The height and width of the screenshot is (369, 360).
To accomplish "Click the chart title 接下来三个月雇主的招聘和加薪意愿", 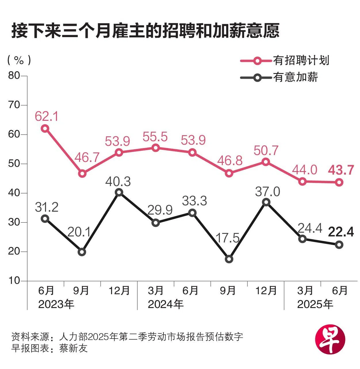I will (x=145, y=31).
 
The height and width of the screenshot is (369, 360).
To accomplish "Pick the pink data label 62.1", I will (x=47, y=116).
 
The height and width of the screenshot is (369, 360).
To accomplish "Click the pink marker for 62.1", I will (x=45, y=128).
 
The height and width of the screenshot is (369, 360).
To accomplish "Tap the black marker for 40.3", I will (x=119, y=192).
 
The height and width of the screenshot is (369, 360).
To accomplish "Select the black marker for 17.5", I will (x=229, y=259).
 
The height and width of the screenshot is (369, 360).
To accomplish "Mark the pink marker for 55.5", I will (x=155, y=148).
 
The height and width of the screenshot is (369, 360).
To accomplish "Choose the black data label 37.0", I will (x=267, y=191).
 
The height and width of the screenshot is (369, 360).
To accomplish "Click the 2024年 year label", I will (x=165, y=304).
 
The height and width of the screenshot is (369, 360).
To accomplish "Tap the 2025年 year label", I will (x=315, y=304).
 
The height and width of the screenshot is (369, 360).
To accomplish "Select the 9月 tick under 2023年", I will (x=81, y=291).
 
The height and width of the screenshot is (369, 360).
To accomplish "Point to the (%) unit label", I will (x=19, y=60).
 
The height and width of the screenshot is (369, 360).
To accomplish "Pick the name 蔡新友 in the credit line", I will (x=73, y=348).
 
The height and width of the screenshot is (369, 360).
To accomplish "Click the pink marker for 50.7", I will (x=266, y=162).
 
